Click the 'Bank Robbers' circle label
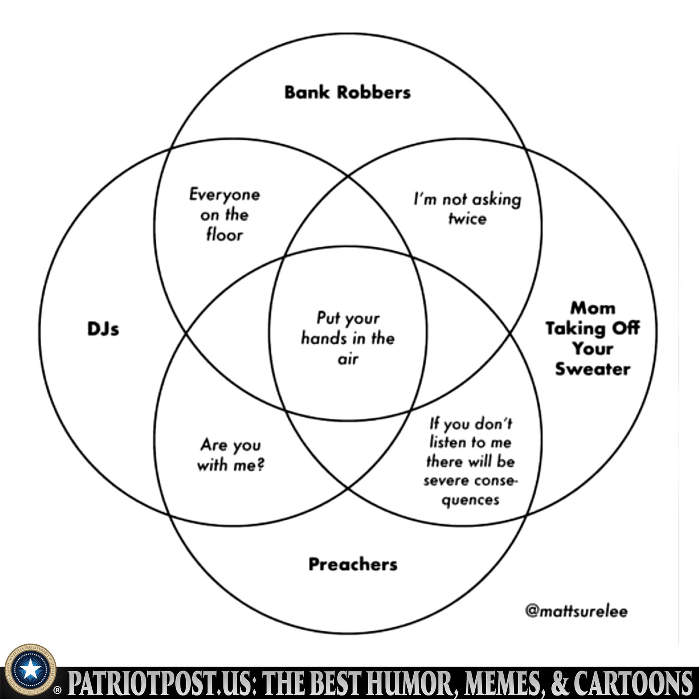(x=347, y=92)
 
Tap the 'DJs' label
(x=103, y=329)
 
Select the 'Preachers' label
(x=353, y=564)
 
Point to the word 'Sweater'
(x=592, y=369)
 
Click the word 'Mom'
(x=593, y=308)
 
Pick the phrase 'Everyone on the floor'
(x=225, y=215)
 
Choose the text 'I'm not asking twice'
(x=467, y=209)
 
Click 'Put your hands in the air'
(x=348, y=338)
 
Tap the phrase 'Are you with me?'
(x=230, y=455)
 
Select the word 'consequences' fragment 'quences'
(x=470, y=500)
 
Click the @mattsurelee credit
(x=576, y=611)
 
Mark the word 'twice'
(x=467, y=218)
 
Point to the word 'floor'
(x=225, y=235)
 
